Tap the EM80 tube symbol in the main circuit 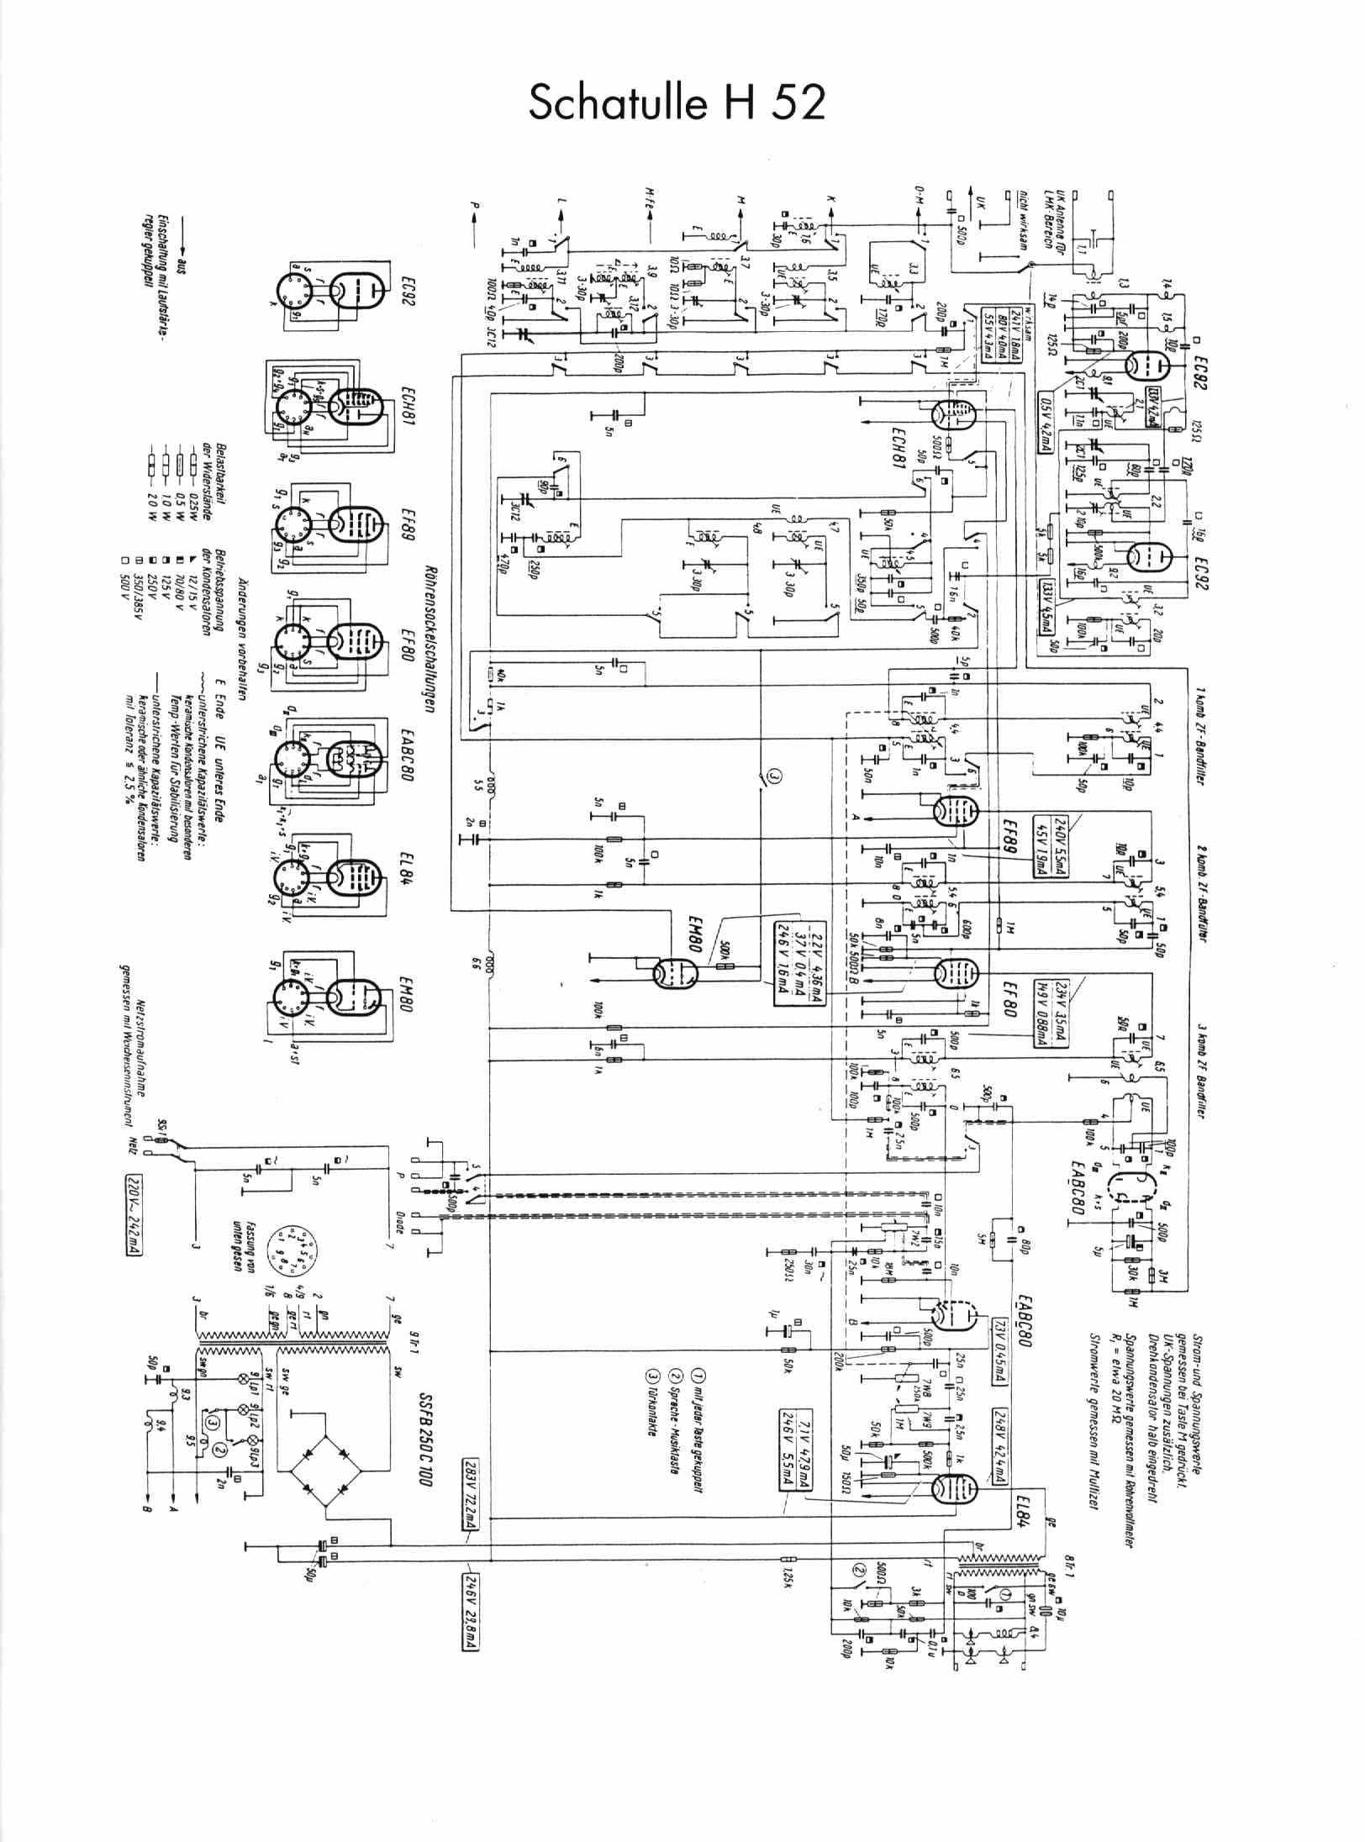676,973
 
